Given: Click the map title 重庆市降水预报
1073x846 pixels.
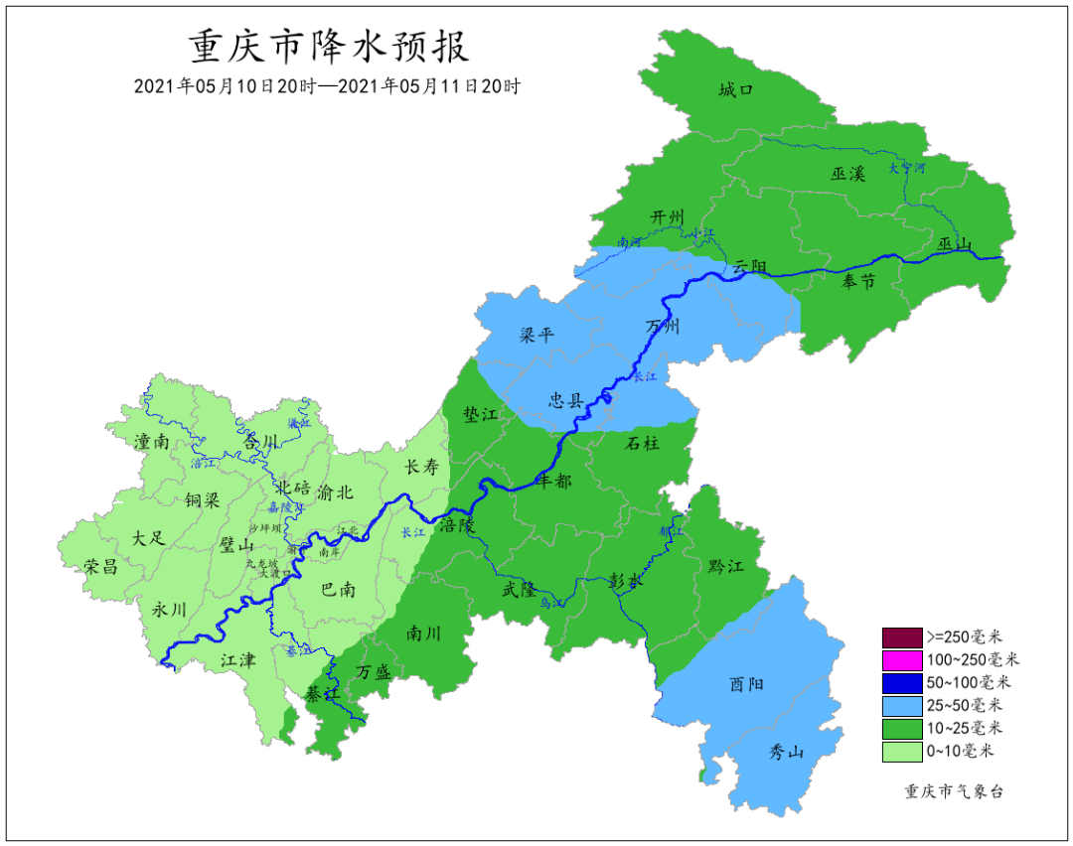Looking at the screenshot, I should pos(328,47).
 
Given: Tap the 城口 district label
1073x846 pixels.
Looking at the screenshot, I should pos(736,90).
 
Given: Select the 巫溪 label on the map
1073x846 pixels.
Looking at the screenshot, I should pos(848,174).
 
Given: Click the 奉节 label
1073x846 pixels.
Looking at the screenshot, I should pos(859,282).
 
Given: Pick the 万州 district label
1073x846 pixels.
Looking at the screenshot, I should pos(663,327).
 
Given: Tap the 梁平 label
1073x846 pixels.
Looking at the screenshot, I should pos(536,335).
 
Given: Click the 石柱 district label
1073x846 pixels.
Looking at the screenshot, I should pos(642,444).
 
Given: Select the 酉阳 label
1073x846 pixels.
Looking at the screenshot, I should pos(747,684).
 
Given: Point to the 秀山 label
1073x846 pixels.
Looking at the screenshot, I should pos(786,752).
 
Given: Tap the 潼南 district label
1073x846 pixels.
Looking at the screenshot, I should pos(149,442).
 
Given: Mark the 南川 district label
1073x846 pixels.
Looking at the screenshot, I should pos(424,633).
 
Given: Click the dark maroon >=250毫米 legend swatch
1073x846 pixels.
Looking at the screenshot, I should pos(902,636).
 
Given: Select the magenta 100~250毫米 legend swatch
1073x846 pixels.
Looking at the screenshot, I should pos(902,659).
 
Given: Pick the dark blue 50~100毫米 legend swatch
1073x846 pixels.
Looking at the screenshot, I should pos(902,682).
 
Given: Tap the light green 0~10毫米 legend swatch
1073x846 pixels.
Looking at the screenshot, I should pos(902,752).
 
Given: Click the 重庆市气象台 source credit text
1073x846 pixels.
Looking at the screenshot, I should pos(954,791).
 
